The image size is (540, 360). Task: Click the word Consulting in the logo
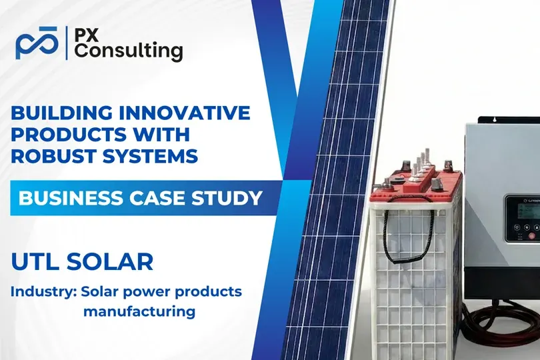coord(127,51)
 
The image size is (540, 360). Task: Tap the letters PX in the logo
coord(87,33)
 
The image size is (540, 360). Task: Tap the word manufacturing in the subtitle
coord(139,310)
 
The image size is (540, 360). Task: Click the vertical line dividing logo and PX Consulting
coord(67,43)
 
